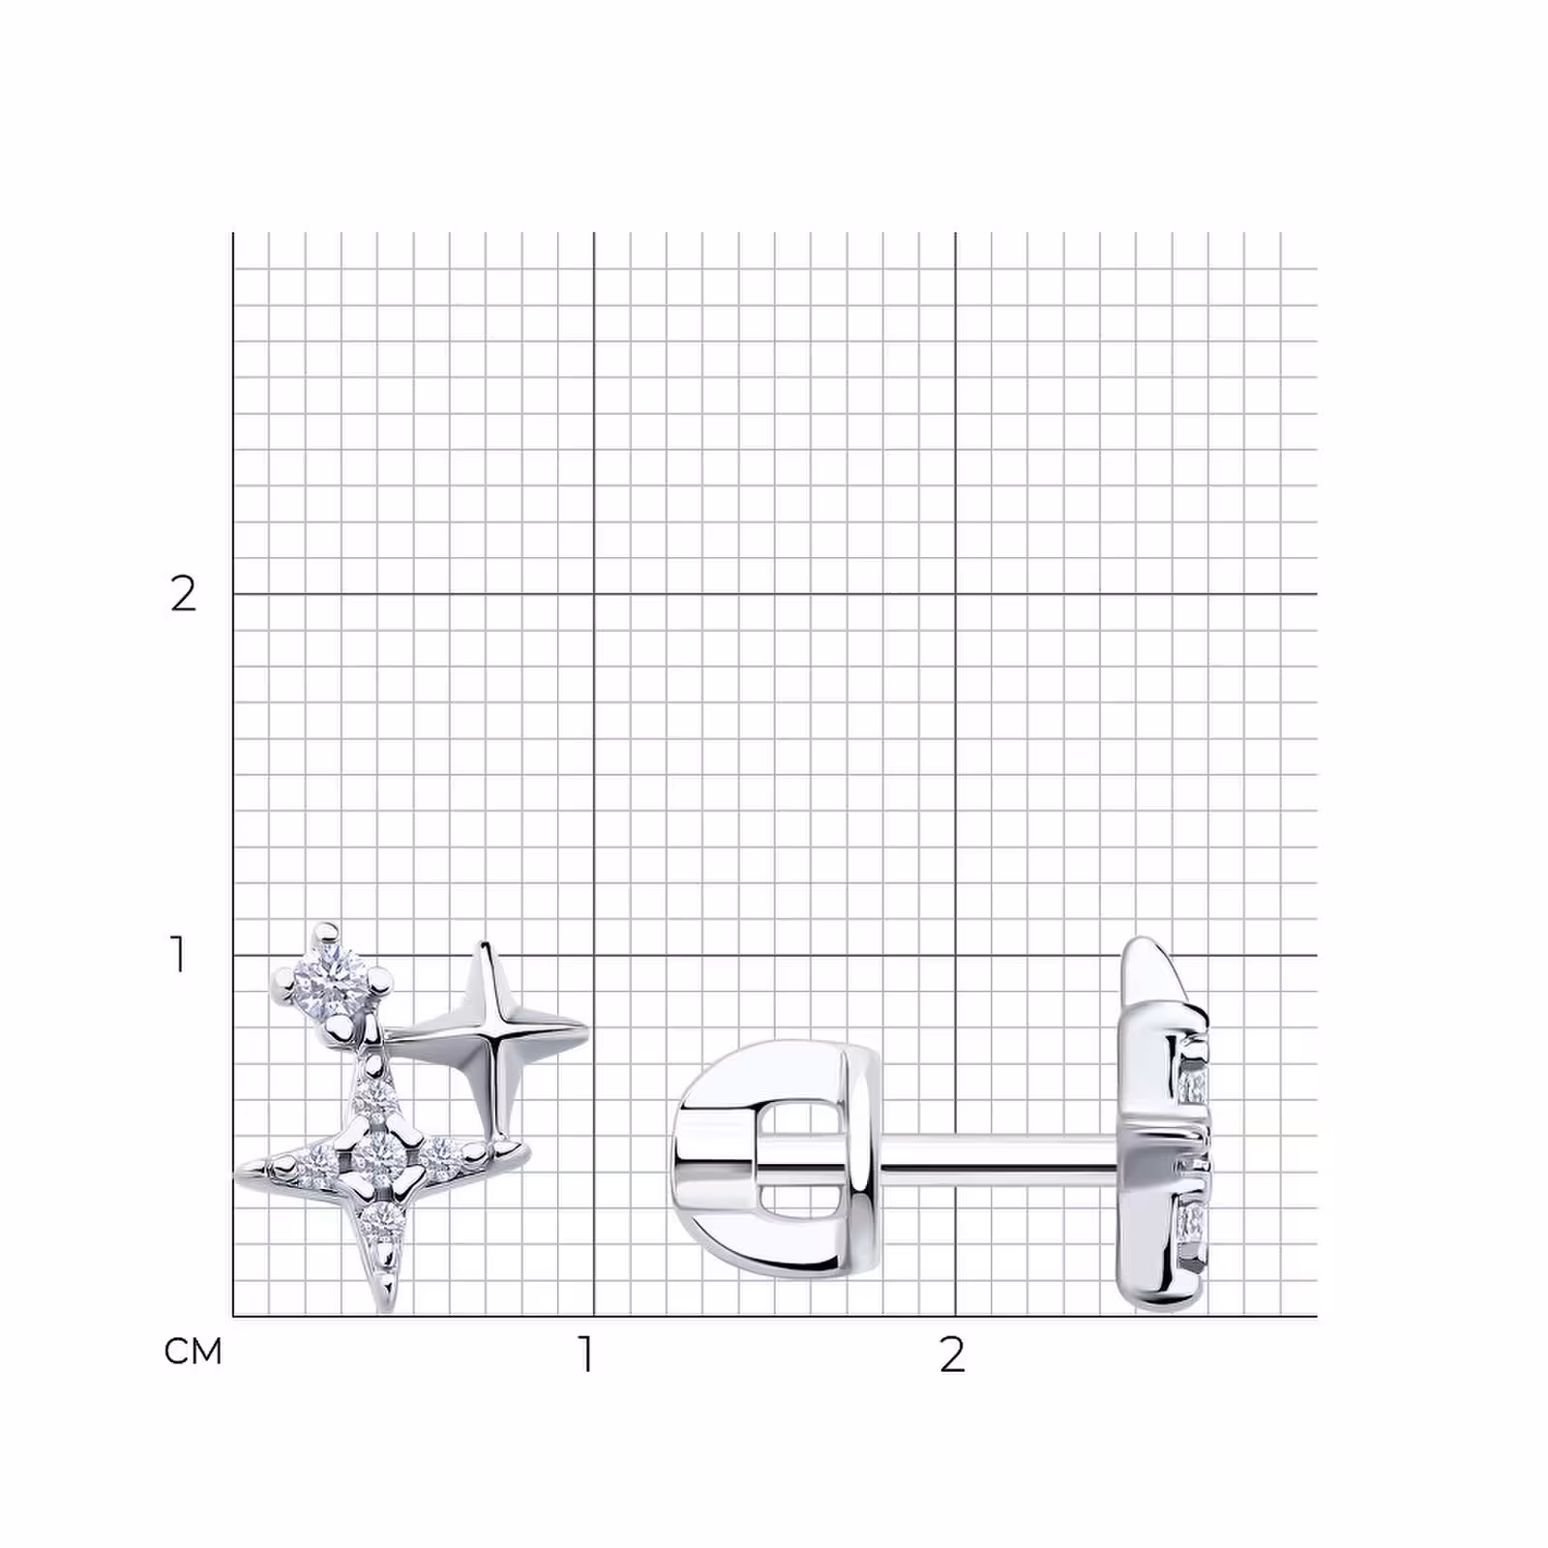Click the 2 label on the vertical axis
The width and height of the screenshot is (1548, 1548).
click(183, 594)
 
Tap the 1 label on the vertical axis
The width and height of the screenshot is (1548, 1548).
click(178, 954)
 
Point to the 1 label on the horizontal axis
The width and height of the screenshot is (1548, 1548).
click(585, 1354)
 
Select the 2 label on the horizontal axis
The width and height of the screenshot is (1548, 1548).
click(953, 1354)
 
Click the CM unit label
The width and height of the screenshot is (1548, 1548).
click(193, 1351)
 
